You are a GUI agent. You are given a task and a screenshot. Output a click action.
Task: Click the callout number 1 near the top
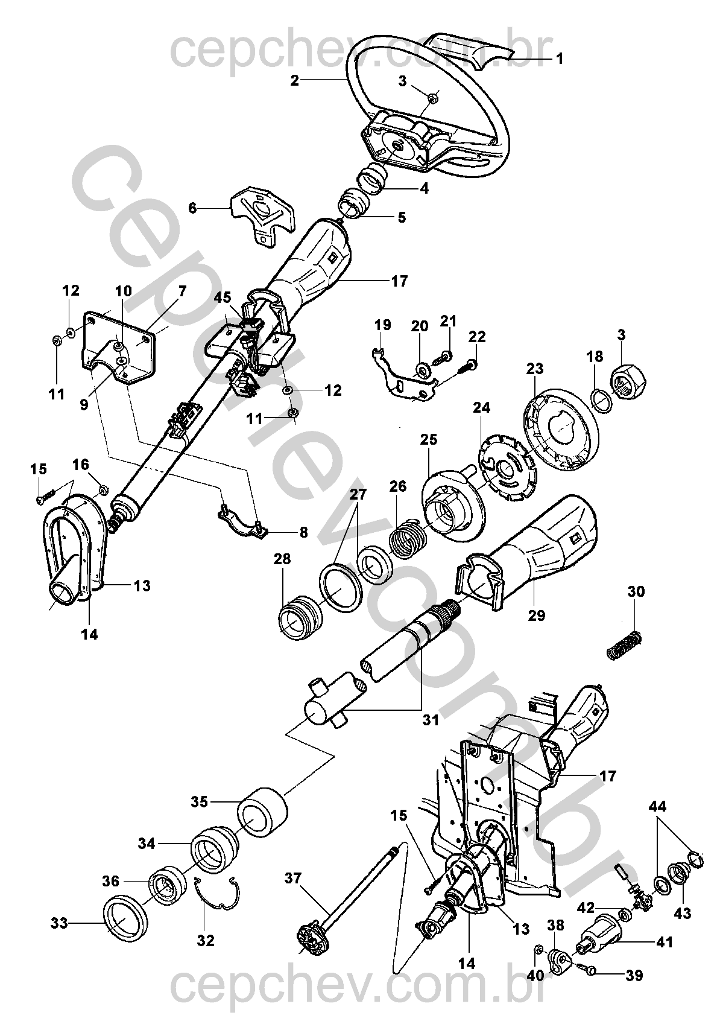click(x=559, y=59)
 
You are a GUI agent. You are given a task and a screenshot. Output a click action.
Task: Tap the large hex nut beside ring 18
click(x=629, y=383)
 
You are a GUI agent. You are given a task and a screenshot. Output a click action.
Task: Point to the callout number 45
click(x=223, y=297)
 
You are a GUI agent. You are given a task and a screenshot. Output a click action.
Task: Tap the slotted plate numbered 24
click(x=505, y=469)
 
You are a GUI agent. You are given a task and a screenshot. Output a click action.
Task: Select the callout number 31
click(x=431, y=719)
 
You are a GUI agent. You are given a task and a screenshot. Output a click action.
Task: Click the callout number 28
click(x=282, y=559)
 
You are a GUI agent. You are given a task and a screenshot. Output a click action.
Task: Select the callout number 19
click(x=382, y=326)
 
